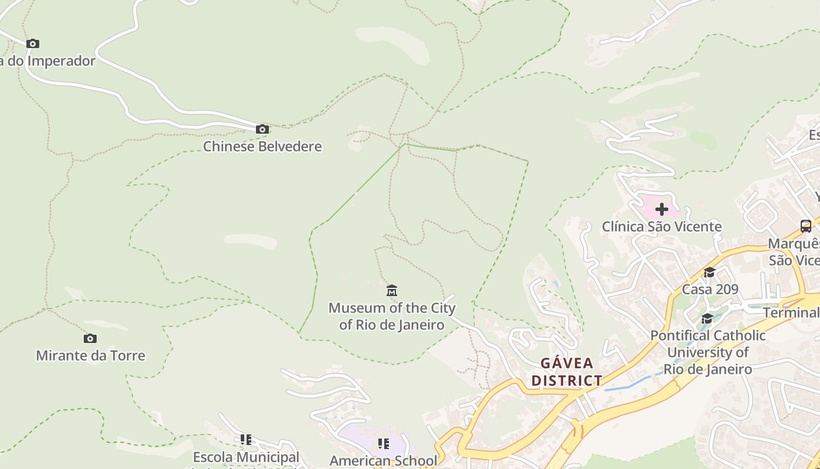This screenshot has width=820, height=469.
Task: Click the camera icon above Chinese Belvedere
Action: (262, 129)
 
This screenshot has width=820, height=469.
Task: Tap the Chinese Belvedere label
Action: (262, 146)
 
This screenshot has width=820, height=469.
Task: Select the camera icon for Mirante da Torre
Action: (90, 338)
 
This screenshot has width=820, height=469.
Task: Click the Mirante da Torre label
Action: (91, 355)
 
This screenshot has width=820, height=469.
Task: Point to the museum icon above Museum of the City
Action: (392, 290)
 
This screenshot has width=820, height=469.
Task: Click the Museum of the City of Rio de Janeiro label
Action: (392, 316)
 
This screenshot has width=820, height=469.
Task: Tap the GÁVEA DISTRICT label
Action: (566, 372)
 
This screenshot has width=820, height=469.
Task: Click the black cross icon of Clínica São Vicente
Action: (662, 209)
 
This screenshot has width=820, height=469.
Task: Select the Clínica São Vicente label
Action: (662, 226)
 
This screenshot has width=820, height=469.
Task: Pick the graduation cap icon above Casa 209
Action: (709, 273)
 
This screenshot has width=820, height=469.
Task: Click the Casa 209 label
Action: (710, 289)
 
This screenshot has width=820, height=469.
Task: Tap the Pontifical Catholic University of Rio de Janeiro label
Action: (708, 352)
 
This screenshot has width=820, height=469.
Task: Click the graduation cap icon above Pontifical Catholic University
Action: (707, 318)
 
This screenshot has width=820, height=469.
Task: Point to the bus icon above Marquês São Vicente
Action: (806, 226)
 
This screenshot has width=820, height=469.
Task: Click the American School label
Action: (383, 461)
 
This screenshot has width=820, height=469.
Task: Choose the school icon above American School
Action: (383, 443)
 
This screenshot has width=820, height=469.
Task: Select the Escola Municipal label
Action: (246, 457)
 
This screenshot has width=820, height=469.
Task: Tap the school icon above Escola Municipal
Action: (246, 439)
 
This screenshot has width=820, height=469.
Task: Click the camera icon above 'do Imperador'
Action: (33, 43)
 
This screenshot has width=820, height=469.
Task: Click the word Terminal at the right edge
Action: (791, 312)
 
